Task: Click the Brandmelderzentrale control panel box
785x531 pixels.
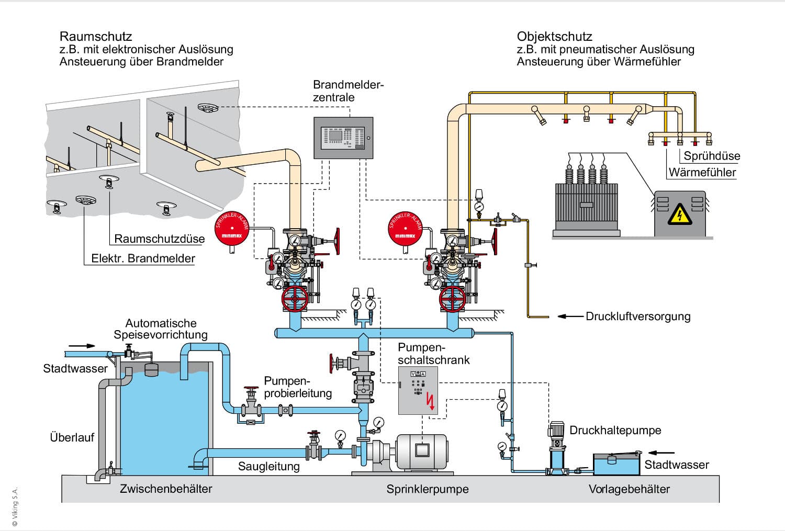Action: tap(343, 138)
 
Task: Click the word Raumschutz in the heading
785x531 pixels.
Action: tap(96, 37)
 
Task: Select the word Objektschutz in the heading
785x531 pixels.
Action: tap(554, 37)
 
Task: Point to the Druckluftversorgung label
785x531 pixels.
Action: tap(638, 317)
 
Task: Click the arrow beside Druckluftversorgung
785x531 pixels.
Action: tap(570, 317)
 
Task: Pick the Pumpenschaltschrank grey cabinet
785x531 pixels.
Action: tap(418, 390)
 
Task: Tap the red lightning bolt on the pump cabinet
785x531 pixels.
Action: tap(431, 401)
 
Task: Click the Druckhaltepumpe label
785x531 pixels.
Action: tap(615, 431)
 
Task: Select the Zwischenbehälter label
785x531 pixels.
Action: tap(166, 489)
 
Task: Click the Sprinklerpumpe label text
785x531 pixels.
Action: tap(428, 490)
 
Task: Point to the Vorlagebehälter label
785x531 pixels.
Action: tap(629, 490)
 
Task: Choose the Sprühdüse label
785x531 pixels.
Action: tap(712, 156)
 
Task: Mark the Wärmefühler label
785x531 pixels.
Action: tap(702, 173)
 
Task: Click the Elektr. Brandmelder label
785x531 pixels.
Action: tap(143, 258)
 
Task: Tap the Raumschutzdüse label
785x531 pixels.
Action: tap(160, 239)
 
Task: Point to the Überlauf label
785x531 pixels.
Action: tap(72, 437)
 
